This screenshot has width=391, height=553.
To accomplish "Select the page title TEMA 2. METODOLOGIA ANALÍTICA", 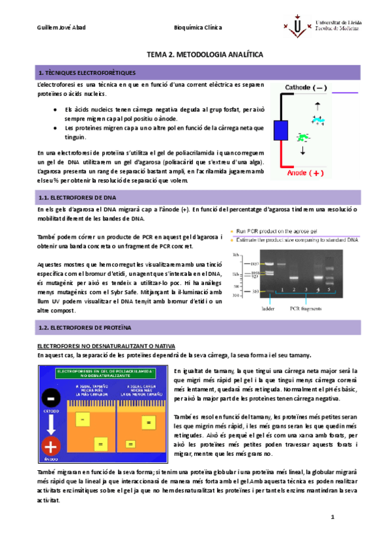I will tap(195, 56).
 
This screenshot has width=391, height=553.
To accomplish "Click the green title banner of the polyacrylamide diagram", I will tap(105, 373).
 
